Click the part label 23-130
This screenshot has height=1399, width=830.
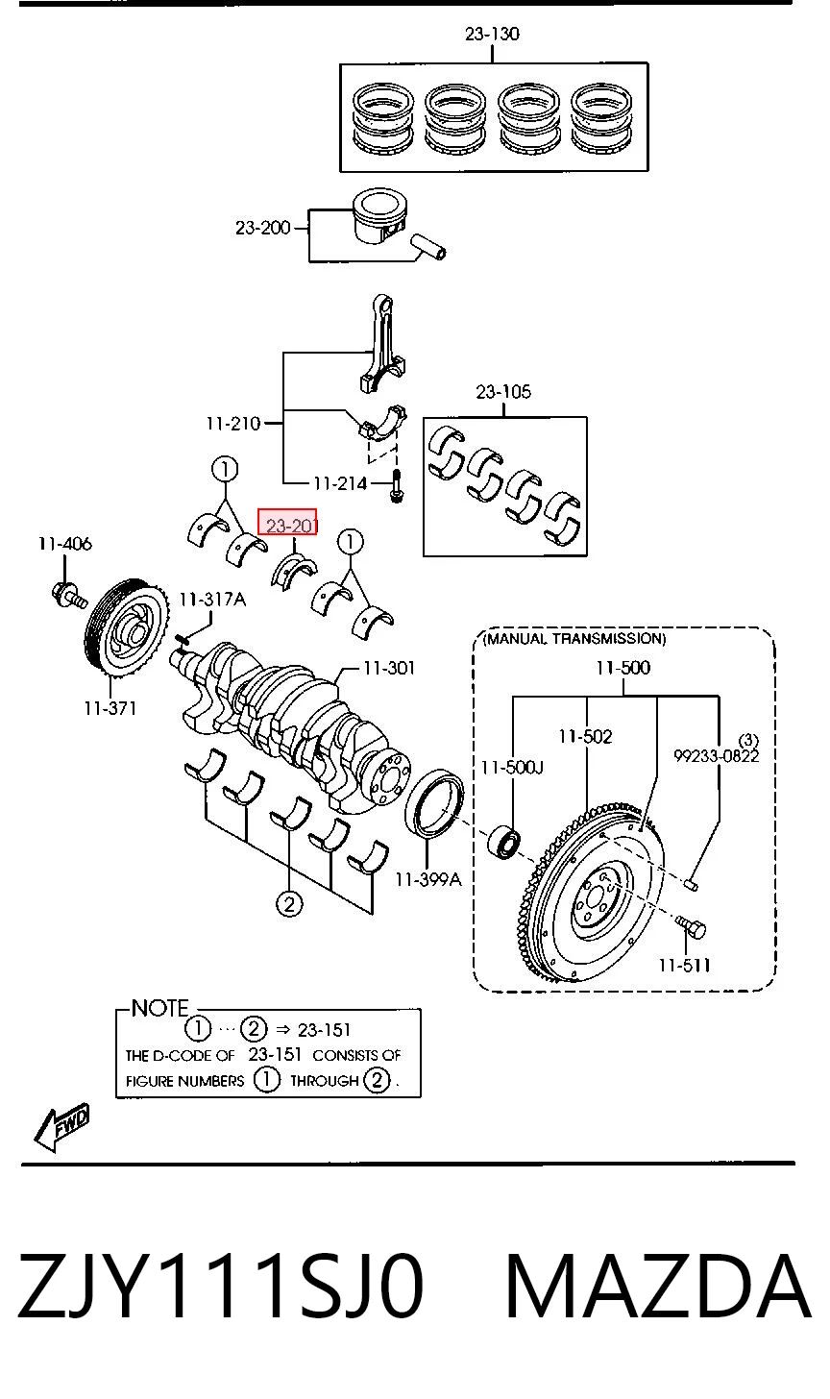tap(492, 33)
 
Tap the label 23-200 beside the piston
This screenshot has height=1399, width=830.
tap(263, 228)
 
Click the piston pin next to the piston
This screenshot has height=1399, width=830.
tap(427, 247)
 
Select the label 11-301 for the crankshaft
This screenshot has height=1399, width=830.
tap(389, 669)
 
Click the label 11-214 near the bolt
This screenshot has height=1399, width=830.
tap(340, 483)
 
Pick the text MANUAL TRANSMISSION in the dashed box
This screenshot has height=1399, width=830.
tap(575, 638)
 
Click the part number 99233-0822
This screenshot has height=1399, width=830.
tap(717, 755)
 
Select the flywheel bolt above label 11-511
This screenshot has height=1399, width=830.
tap(691, 926)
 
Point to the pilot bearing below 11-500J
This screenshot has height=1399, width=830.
tap(503, 842)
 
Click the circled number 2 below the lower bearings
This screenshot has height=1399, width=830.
tap(289, 904)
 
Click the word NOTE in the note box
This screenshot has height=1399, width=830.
tap(159, 1008)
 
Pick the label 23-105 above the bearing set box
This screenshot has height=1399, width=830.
tap(503, 392)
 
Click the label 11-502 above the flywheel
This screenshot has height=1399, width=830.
tap(585, 736)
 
